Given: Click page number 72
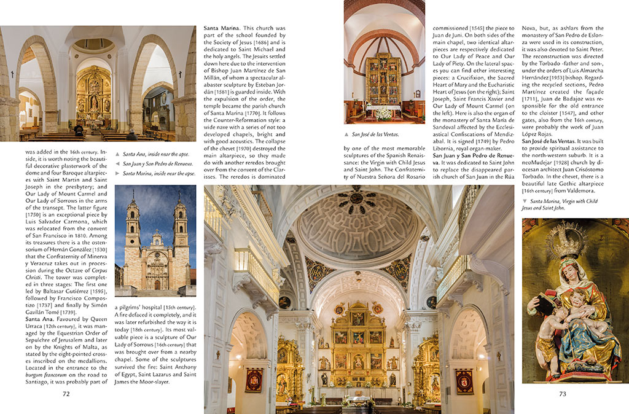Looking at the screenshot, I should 66,394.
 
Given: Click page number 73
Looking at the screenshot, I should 562,394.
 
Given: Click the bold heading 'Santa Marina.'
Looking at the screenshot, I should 222,28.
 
